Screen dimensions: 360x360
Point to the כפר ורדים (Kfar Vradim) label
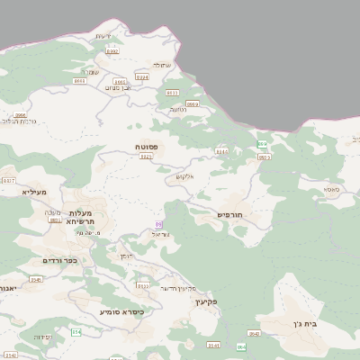pos(59,261)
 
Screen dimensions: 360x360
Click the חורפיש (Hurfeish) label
pos(231,214)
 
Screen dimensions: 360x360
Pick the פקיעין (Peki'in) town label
pos(206,302)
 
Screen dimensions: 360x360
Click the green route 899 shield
pos(261,144)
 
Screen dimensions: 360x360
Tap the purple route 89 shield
pos(159,223)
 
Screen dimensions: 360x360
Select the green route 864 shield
pos(241,346)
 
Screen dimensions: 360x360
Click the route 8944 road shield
pos(141,77)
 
